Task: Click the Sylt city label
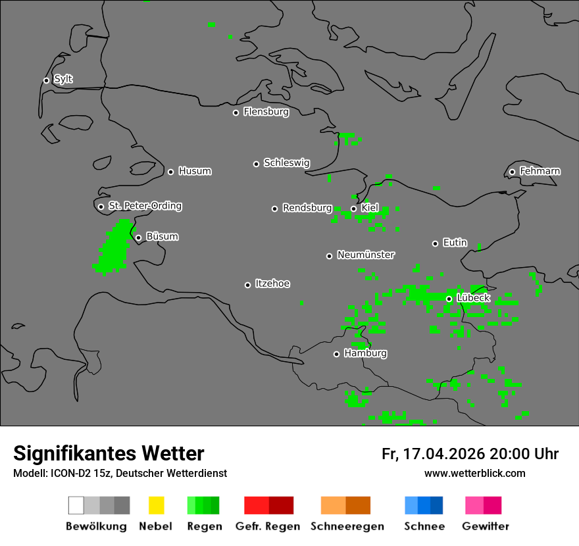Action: pos(63,80)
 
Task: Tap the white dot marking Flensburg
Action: pos(236,112)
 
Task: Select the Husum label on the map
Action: pos(195,171)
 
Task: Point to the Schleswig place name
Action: pos(286,163)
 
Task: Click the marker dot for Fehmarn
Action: pos(512,172)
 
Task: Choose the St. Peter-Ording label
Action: pos(145,206)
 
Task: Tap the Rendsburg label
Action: pos(307,208)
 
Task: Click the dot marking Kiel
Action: pos(353,209)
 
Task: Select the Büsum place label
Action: pos(162,237)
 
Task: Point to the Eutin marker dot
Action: pos(435,243)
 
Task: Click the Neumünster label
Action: pos(366,255)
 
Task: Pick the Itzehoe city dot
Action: pos(247,285)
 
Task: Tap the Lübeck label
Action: pos(473,298)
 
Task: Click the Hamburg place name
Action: pos(365,353)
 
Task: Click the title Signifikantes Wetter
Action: pos(109,454)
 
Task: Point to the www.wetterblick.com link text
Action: pos(474,473)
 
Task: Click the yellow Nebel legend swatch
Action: pos(156,505)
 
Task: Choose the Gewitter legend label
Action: pos(485,526)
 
